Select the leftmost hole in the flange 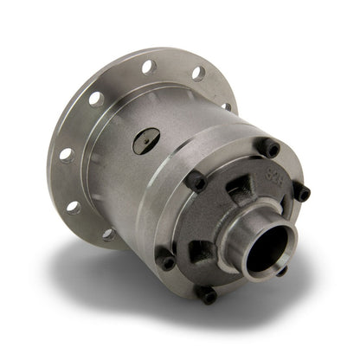(66, 155)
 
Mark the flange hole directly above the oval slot (149, 66)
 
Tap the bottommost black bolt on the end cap (208, 294)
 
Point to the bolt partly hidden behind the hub (282, 269)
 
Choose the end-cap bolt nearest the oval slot (195, 181)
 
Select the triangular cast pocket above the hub (243, 185)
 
